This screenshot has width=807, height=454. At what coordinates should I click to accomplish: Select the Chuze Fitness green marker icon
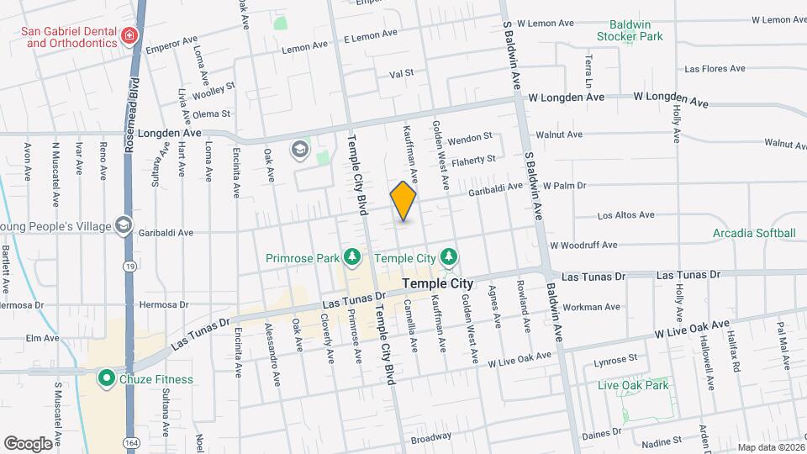[x=106, y=378]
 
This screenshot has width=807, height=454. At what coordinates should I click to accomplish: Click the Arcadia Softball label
[x=753, y=233]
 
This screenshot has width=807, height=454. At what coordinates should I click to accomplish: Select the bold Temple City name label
[x=438, y=284]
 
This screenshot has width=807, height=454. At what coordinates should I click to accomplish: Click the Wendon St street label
[x=469, y=137]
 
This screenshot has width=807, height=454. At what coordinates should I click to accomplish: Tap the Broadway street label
[x=431, y=439]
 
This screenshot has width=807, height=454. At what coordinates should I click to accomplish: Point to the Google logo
[x=28, y=442]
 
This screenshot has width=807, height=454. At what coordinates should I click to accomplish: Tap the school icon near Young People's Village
[x=124, y=224]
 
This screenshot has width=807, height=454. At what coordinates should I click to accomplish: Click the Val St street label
[x=402, y=73]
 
